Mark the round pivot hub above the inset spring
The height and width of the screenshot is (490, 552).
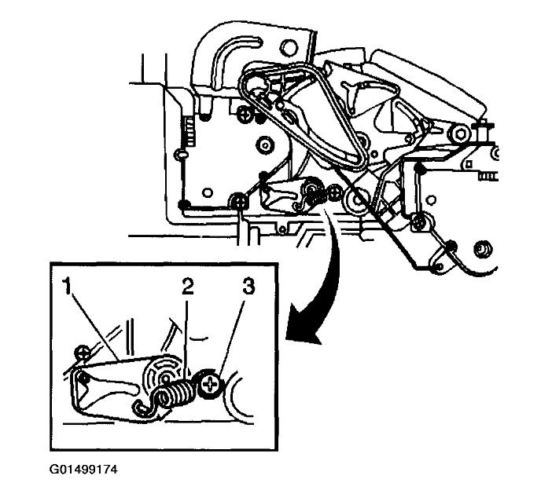tap(167, 370)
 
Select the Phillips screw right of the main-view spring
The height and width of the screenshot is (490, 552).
tap(336, 191)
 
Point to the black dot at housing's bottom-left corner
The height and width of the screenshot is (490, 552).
tap(184, 205)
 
